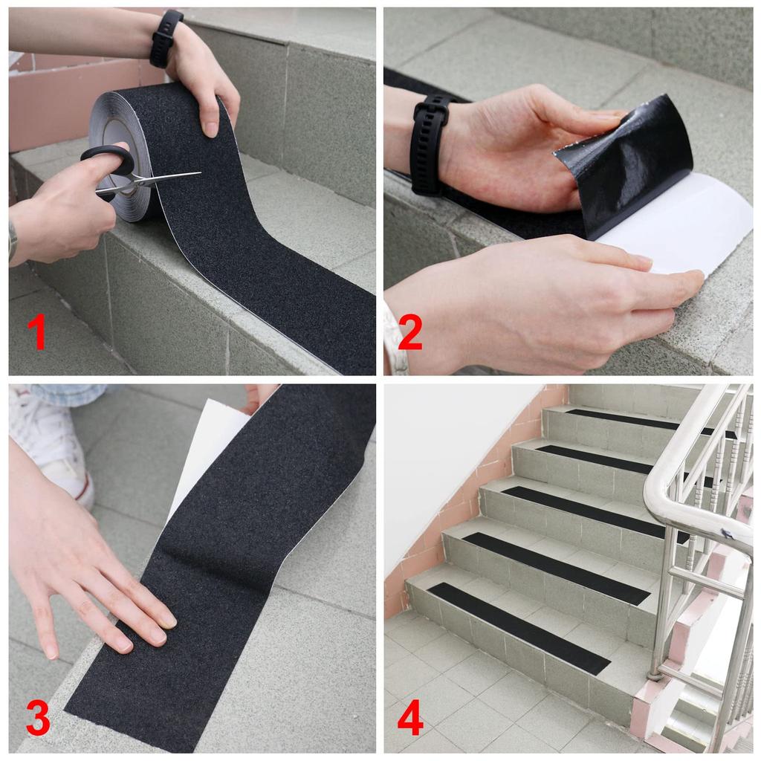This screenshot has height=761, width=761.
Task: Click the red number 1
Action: (36, 331)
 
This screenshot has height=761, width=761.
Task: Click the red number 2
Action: (409, 331)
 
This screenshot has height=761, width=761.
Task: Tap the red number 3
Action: (37, 718)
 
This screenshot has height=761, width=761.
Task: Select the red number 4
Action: (410, 718)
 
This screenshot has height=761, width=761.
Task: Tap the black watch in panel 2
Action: (430, 144)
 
